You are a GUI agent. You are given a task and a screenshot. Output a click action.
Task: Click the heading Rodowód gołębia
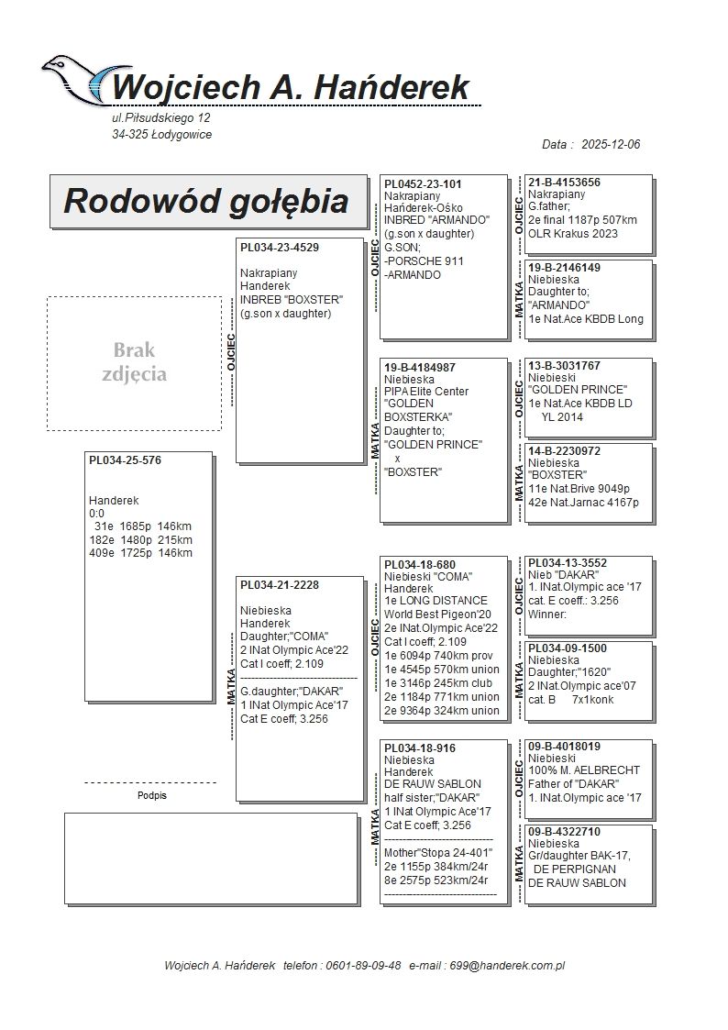pyautogui.click(x=205, y=201)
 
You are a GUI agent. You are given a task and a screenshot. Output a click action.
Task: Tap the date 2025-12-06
pyautogui.click(x=611, y=145)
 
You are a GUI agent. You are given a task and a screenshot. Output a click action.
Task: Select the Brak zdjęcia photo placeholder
pyautogui.click(x=134, y=363)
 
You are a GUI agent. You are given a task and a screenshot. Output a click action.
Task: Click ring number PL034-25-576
pyautogui.click(x=125, y=460)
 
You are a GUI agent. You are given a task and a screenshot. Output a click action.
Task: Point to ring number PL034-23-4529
pyautogui.click(x=280, y=248)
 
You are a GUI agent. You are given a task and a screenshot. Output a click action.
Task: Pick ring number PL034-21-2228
pyautogui.click(x=280, y=585)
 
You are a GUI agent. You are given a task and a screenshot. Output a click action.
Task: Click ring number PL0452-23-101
pyautogui.click(x=423, y=183)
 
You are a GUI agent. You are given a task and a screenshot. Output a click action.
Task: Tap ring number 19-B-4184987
pyautogui.click(x=420, y=367)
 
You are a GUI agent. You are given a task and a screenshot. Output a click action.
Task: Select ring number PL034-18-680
pyautogui.click(x=419, y=565)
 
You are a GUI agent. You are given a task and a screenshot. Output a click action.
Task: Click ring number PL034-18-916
pyautogui.click(x=419, y=748)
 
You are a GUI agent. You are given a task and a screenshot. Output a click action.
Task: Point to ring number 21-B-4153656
pyautogui.click(x=564, y=183)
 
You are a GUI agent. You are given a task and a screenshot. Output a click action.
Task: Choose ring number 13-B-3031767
pyautogui.click(x=564, y=365)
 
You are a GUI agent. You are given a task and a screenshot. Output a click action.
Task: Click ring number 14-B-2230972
pyautogui.click(x=564, y=450)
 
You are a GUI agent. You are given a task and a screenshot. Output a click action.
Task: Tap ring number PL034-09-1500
pyautogui.click(x=568, y=648)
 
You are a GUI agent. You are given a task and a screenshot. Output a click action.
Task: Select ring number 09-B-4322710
pyautogui.click(x=564, y=831)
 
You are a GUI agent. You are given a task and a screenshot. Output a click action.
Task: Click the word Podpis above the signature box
pyautogui.click(x=151, y=795)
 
